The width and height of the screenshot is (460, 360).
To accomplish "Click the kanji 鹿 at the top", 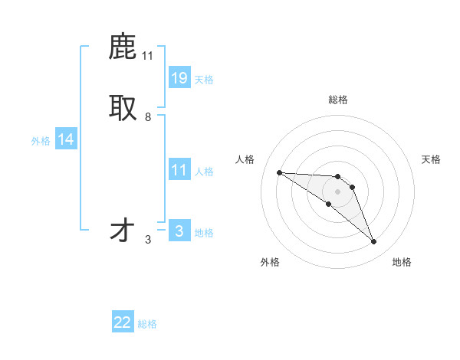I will (123, 47).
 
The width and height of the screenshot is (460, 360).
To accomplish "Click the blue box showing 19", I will (179, 77).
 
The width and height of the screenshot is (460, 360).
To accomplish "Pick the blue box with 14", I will (66, 139).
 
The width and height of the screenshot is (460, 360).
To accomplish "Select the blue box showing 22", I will (123, 322).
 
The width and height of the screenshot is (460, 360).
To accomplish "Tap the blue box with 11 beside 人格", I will (179, 170).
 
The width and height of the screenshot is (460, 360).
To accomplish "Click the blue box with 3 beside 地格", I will (179, 231).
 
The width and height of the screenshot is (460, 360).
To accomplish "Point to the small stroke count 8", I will (148, 117).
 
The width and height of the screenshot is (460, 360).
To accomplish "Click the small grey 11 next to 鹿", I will (148, 55).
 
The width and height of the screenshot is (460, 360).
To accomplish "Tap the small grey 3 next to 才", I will (148, 240).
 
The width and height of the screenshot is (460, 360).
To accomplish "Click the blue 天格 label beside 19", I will (204, 80).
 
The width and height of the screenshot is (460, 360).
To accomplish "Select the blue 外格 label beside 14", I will (41, 141).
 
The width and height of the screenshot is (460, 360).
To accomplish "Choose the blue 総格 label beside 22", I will (147, 325).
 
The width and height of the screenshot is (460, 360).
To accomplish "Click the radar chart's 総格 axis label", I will (338, 100).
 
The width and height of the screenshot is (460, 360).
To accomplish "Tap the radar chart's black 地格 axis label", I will (402, 262).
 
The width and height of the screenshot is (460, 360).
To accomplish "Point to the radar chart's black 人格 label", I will (245, 159).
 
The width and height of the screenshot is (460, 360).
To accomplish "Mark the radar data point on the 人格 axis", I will (279, 172).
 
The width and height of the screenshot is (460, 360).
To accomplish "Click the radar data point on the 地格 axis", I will (373, 242).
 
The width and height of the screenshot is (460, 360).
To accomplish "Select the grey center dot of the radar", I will (337, 191).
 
